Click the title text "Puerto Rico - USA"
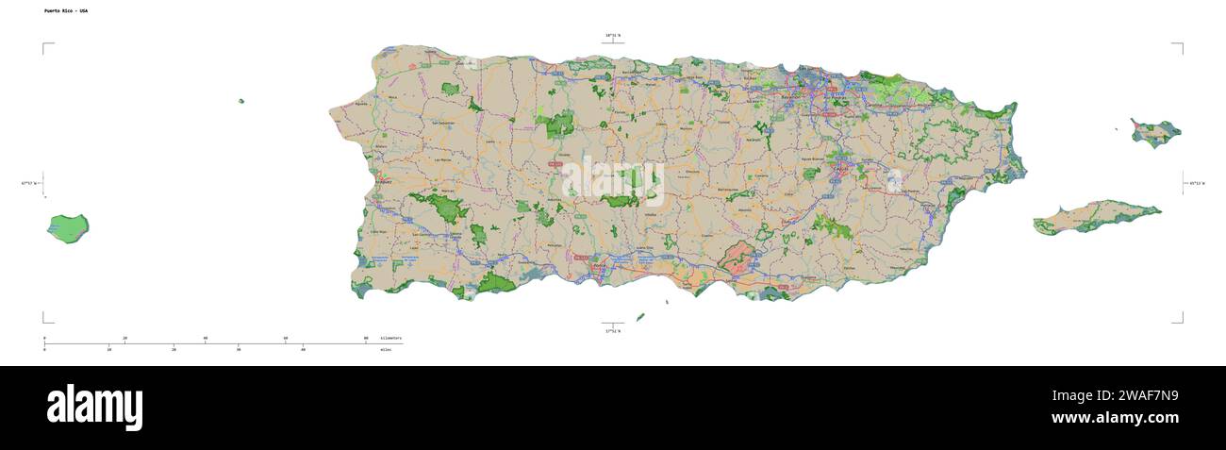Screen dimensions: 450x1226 66,10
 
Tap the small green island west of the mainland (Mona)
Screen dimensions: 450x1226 68,228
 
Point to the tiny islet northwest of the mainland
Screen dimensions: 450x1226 241,101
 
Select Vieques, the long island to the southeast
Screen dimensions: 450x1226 1094,216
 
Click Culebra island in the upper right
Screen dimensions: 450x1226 1155,132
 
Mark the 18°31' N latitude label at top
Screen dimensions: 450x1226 613,36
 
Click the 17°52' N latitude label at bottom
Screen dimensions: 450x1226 613,331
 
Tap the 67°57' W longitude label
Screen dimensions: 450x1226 28,183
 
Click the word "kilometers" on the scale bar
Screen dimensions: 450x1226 390,337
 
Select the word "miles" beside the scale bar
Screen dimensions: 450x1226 386,349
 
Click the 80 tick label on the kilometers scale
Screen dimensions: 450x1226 366,337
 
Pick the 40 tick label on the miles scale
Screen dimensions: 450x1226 303,349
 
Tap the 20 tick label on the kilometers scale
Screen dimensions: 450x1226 124,337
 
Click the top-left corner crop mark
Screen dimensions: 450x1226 44,44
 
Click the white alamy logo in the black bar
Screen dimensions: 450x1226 95,408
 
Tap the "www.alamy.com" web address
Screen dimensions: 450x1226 1115,418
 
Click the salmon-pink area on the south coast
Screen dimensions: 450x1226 738,261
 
